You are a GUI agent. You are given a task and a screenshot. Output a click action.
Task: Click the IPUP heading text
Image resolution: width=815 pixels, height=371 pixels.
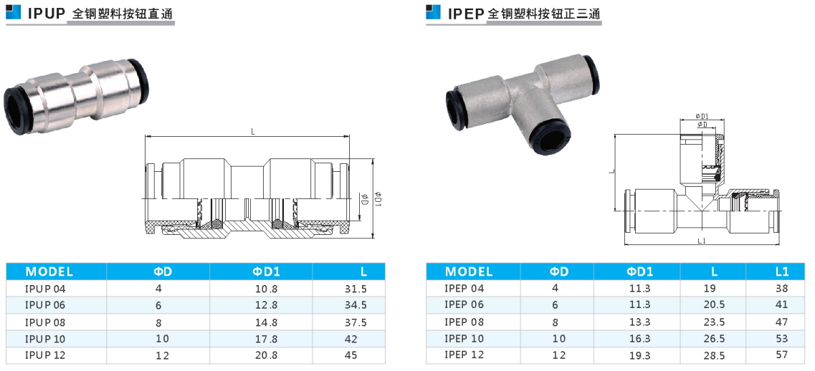(46, 13)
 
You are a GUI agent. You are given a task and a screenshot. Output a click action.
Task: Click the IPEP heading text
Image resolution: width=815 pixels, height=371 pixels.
(466, 13)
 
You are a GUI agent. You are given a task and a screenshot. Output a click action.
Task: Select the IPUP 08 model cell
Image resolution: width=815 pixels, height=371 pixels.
(46, 322)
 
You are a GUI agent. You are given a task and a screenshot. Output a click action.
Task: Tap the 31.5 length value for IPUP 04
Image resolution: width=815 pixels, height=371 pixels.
(356, 289)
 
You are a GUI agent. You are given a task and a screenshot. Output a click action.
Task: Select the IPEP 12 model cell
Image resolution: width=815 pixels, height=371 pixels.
(464, 355)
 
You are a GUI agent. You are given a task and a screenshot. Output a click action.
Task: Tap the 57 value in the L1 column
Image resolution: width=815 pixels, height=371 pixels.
(781, 355)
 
